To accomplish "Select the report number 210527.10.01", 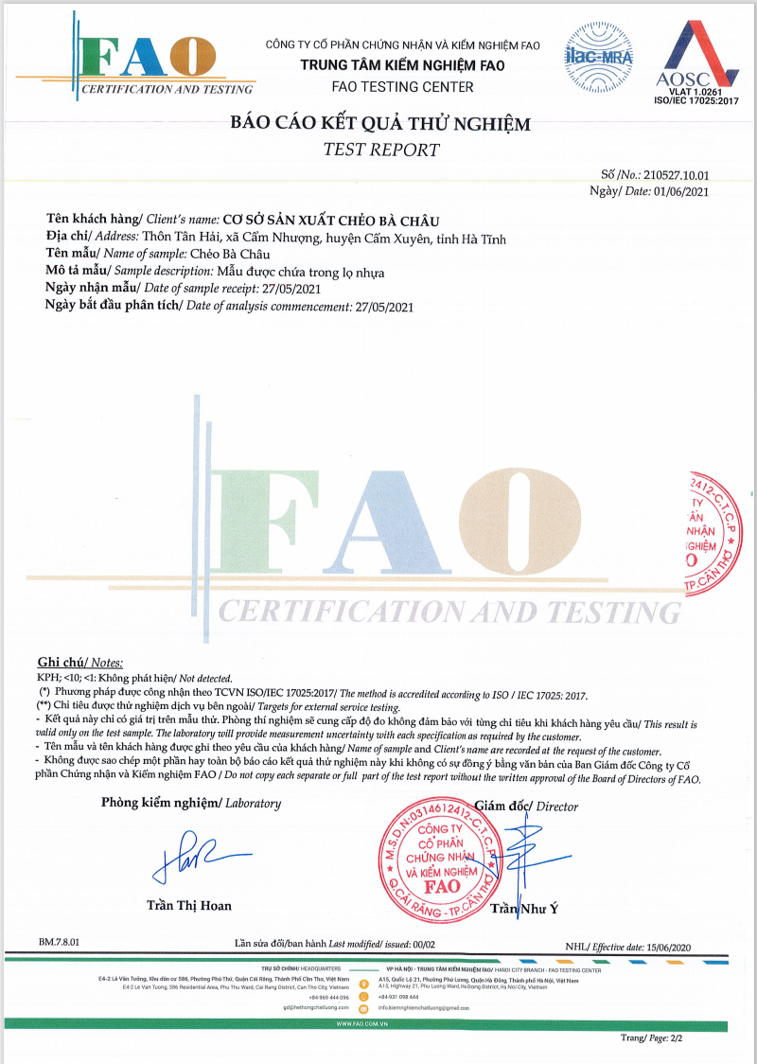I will tap(677, 175).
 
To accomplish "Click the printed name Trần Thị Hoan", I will tap(189, 906).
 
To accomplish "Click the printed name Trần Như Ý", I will tap(525, 910).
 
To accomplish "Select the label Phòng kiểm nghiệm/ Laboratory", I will tap(191, 804).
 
